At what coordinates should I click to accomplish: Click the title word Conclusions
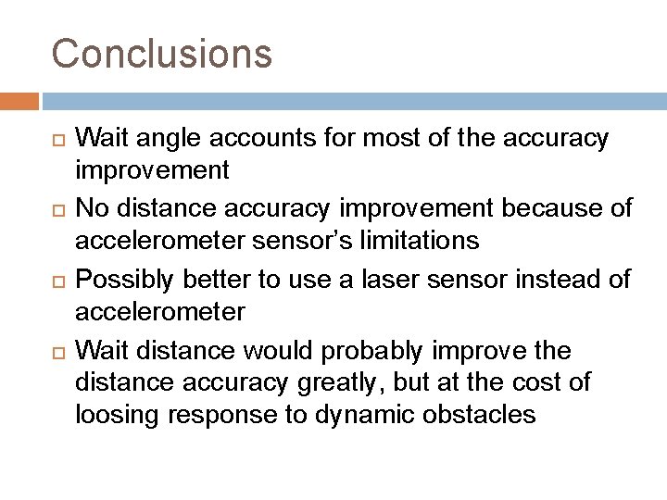click(162, 53)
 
